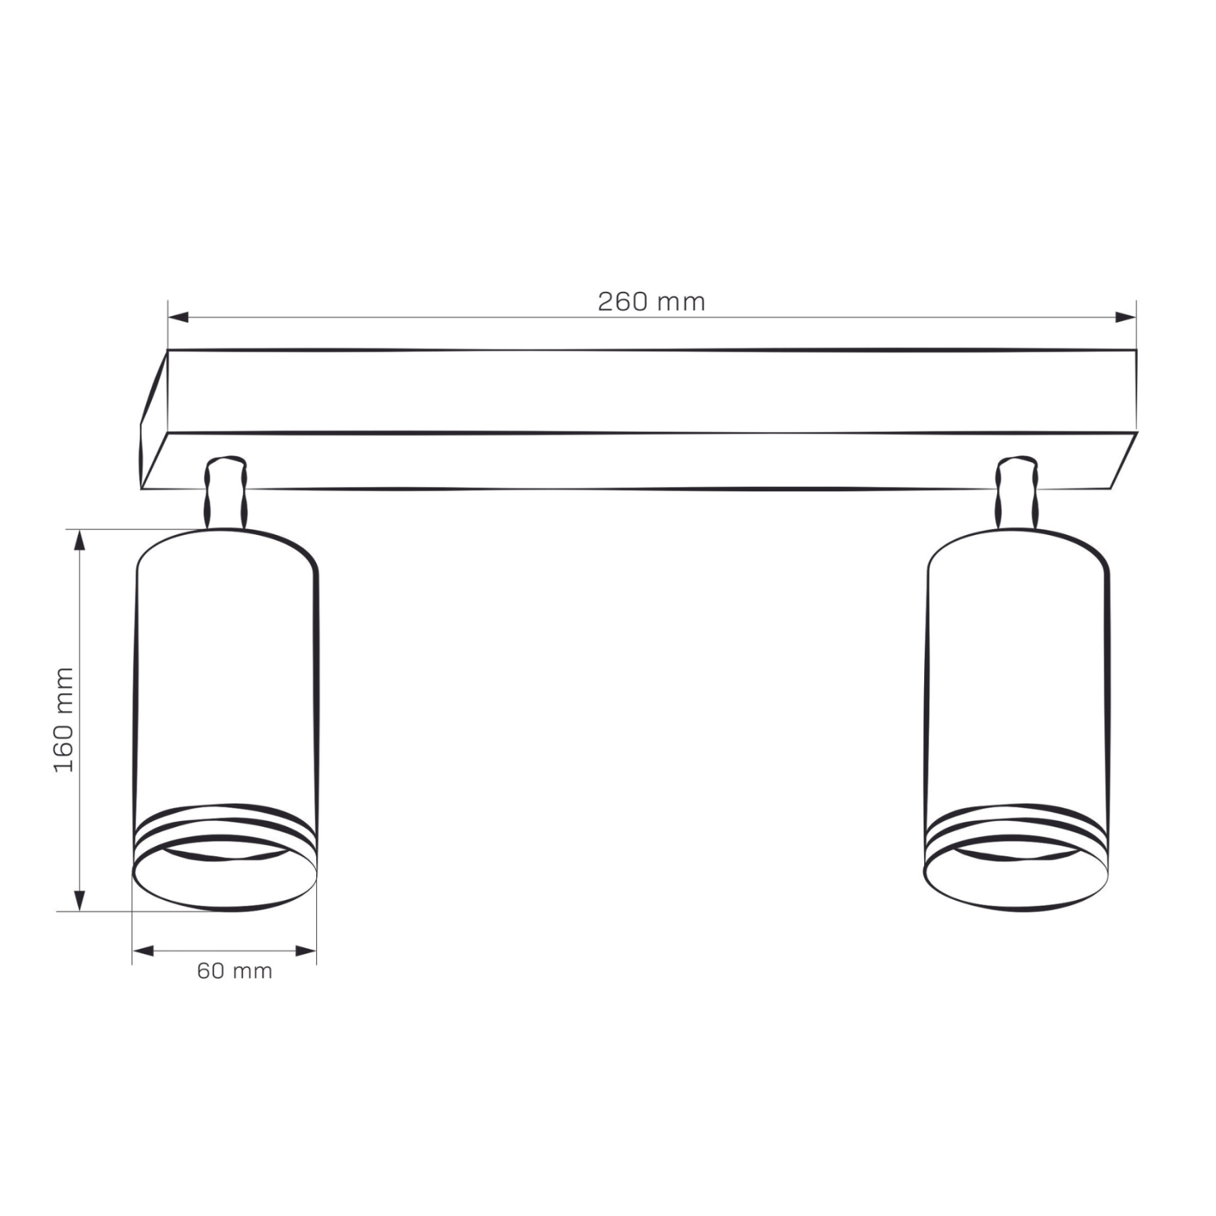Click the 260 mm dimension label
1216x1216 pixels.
[x=651, y=301]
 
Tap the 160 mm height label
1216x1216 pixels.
[x=64, y=719]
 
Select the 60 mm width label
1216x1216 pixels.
[x=234, y=971]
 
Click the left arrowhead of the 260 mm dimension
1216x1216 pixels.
[x=178, y=317]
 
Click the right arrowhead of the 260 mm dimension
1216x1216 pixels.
[x=1125, y=317]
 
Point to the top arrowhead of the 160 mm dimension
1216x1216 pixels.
[x=80, y=540]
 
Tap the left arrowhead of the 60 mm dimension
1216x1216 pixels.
[x=143, y=951]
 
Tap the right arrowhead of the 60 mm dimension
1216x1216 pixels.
[x=305, y=951]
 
